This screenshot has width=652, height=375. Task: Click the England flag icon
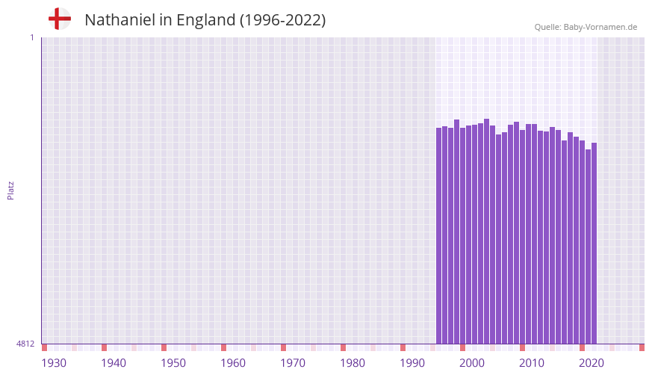(60, 19)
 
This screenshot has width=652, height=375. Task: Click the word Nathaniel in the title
(119, 20)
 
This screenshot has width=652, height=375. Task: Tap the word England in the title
(206, 20)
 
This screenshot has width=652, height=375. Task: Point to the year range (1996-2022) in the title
(282, 20)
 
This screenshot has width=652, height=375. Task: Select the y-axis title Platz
(10, 190)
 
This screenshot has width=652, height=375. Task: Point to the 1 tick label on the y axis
(31, 37)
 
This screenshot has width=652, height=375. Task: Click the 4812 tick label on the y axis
(25, 344)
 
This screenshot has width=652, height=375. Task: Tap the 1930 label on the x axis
(54, 363)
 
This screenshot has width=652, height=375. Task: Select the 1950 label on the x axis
(173, 363)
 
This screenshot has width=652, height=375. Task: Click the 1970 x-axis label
(293, 363)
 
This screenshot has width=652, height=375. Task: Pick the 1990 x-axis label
(412, 363)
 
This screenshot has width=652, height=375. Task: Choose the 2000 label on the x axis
(472, 363)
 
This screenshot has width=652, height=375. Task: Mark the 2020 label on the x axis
(592, 363)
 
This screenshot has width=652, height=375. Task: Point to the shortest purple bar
(589, 247)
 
